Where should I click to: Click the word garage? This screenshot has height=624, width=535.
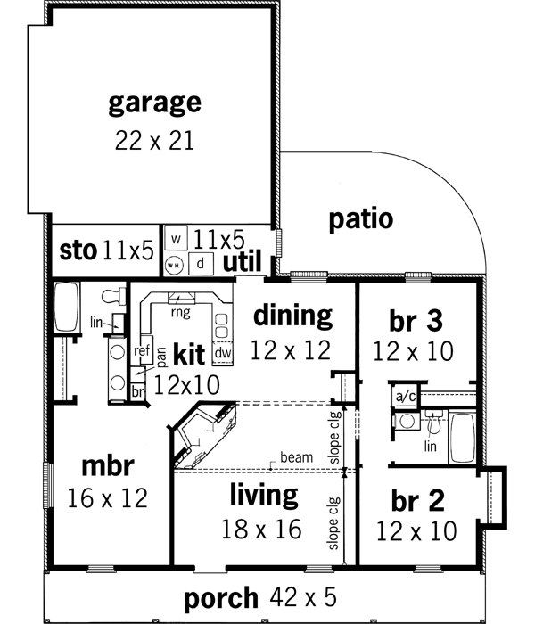[x=154, y=103]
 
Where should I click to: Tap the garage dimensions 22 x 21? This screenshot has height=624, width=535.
[x=154, y=140]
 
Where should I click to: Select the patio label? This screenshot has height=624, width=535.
[x=359, y=219]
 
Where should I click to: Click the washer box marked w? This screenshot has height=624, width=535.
[x=177, y=239]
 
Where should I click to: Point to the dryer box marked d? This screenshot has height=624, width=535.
[x=202, y=262]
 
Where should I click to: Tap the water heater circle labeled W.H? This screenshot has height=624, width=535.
[x=176, y=264]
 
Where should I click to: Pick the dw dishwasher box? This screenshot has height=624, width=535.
[x=223, y=354]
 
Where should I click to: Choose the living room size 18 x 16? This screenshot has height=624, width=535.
[x=261, y=529]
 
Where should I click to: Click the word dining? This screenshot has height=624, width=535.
[x=292, y=316]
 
